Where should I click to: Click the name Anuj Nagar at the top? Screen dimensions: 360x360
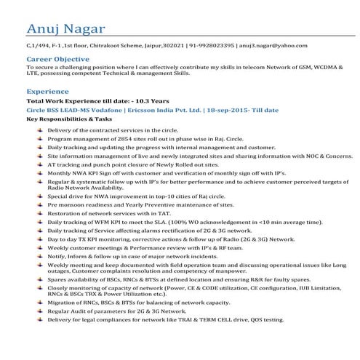pyautogui.click(x=64, y=28)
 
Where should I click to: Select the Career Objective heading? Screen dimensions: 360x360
pyautogui.click(x=57, y=58)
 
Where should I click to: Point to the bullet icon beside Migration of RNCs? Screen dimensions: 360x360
pyautogui.click(x=39, y=302)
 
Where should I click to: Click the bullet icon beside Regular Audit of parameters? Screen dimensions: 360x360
pyautogui.click(x=39, y=311)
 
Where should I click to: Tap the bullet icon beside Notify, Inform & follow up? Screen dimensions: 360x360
pyautogui.click(x=39, y=256)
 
